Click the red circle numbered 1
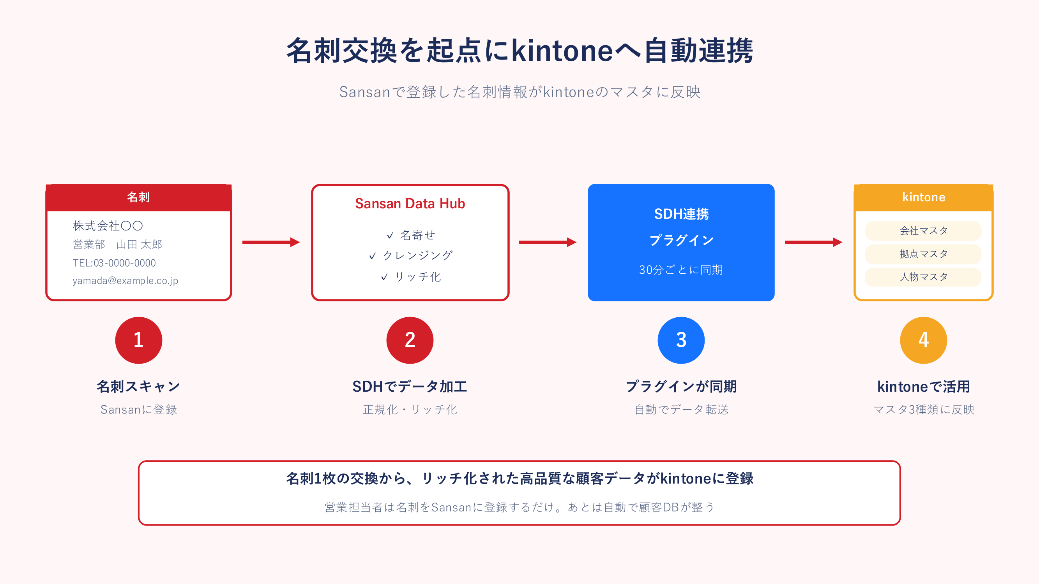139,340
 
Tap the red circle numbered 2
410,340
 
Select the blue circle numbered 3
681,340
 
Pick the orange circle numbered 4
924,340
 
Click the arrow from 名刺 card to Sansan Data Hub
271,242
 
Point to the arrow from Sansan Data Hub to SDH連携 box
548,242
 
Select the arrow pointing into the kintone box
813,242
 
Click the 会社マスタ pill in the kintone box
923,230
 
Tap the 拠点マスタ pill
923,254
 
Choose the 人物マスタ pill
923,277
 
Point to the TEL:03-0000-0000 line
114,263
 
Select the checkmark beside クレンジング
372,256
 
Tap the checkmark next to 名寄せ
390,236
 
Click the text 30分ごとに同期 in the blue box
681,270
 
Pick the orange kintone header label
924,197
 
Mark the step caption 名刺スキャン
138,387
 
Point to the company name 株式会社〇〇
108,226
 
